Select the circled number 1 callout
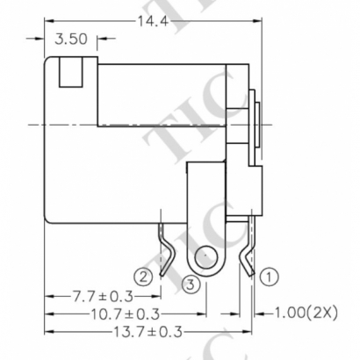click(x=270, y=277)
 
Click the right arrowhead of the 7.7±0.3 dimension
click(x=159, y=299)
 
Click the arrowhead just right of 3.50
click(x=102, y=40)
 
